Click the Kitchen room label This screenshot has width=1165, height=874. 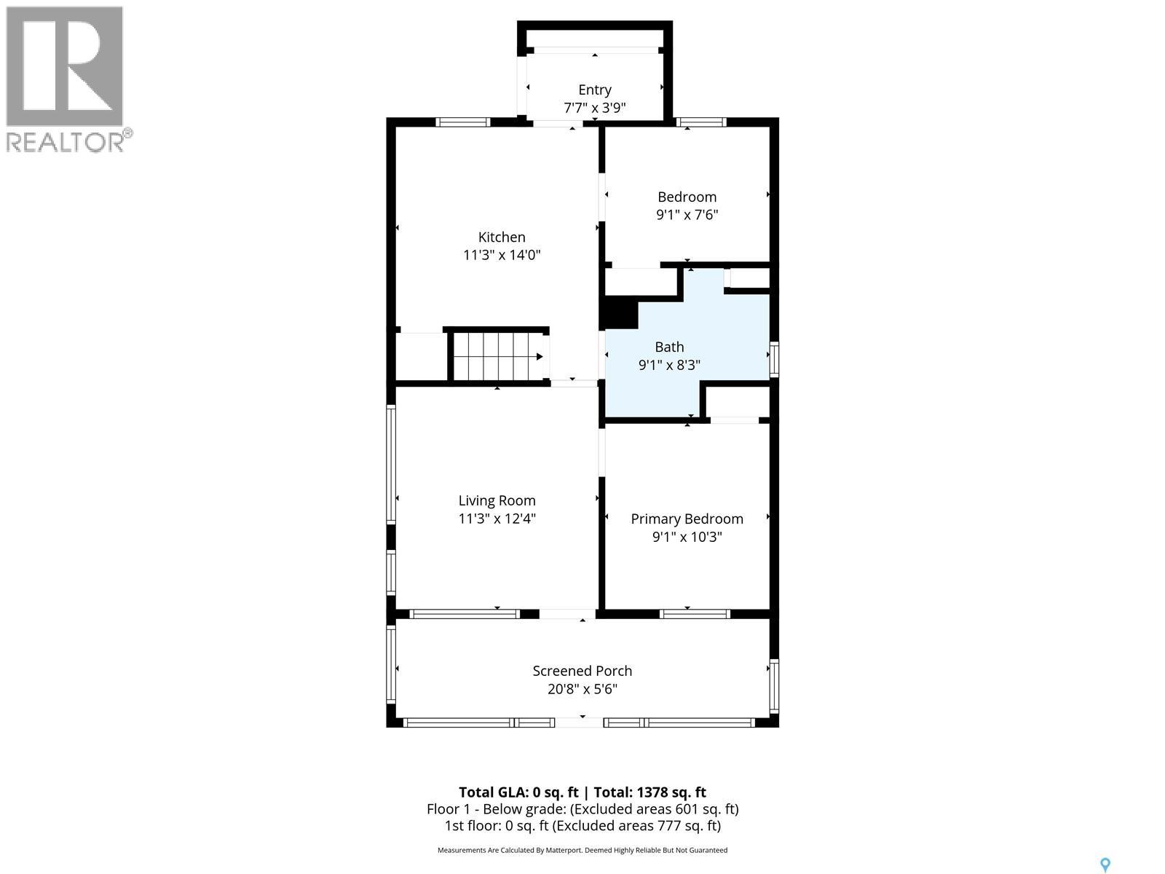[502, 237]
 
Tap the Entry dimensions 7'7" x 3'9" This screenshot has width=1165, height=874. [594, 109]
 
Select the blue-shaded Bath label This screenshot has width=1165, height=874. [669, 347]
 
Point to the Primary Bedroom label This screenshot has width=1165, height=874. [687, 519]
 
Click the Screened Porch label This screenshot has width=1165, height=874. [582, 671]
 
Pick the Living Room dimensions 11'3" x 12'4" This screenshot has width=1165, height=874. [497, 519]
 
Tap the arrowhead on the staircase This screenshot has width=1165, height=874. [540, 357]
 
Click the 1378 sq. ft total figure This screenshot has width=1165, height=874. [671, 792]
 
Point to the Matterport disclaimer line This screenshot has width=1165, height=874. [582, 850]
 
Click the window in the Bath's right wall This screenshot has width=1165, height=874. [775, 359]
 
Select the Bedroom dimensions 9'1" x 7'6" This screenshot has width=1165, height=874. [687, 215]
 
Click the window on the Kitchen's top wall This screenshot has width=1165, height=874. [463, 122]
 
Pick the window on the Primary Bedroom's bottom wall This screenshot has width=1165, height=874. [695, 614]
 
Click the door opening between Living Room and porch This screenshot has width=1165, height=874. [567, 614]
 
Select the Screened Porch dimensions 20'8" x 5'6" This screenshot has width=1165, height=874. [582, 689]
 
